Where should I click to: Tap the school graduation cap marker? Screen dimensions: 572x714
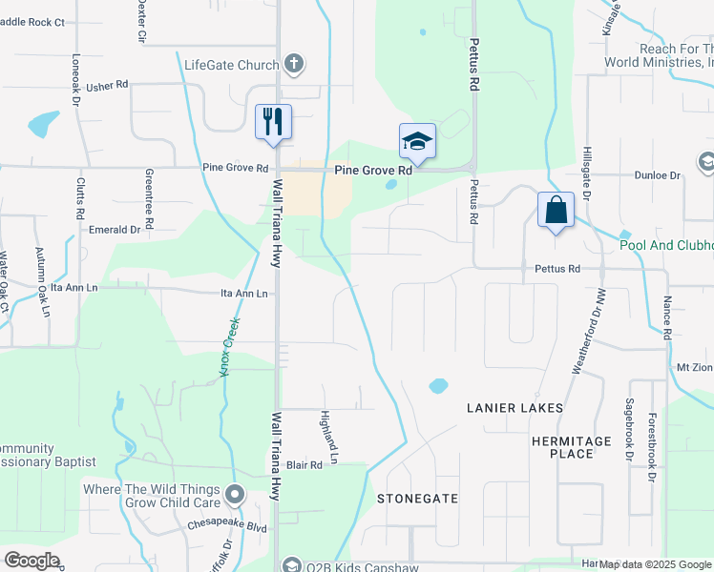[x=417, y=142]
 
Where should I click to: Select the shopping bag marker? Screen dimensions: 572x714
[x=556, y=210]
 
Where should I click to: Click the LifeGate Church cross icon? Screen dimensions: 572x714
[x=294, y=65]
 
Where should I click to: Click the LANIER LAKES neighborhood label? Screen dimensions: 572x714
[x=514, y=408]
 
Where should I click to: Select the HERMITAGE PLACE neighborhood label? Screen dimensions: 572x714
[x=572, y=447]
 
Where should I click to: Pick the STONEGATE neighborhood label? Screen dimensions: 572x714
[x=417, y=499]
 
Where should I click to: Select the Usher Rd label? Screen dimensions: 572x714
[x=107, y=86]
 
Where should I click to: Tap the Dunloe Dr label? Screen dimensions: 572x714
[x=658, y=175]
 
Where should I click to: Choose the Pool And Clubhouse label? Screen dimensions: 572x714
[x=666, y=245]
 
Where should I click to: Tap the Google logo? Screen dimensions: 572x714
[x=32, y=561]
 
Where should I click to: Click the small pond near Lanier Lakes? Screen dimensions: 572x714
[x=438, y=386]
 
